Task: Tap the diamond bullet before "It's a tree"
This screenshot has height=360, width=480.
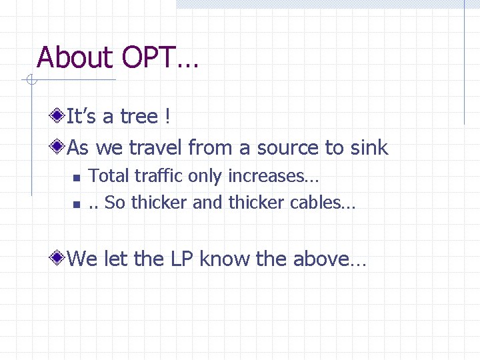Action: point(60,117)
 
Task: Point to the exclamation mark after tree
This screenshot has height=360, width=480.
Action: point(167,117)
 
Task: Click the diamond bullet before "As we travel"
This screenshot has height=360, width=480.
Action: point(60,147)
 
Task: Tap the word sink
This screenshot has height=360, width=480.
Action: point(369,147)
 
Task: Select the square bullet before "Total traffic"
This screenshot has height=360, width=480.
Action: point(76,177)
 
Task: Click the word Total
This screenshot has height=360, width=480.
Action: point(109,176)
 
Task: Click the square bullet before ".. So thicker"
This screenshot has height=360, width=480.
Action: point(76,203)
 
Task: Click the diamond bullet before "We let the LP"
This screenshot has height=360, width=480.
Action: point(60,258)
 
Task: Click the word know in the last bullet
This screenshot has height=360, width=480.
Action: point(225,258)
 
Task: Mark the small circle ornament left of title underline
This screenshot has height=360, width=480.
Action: point(30,81)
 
